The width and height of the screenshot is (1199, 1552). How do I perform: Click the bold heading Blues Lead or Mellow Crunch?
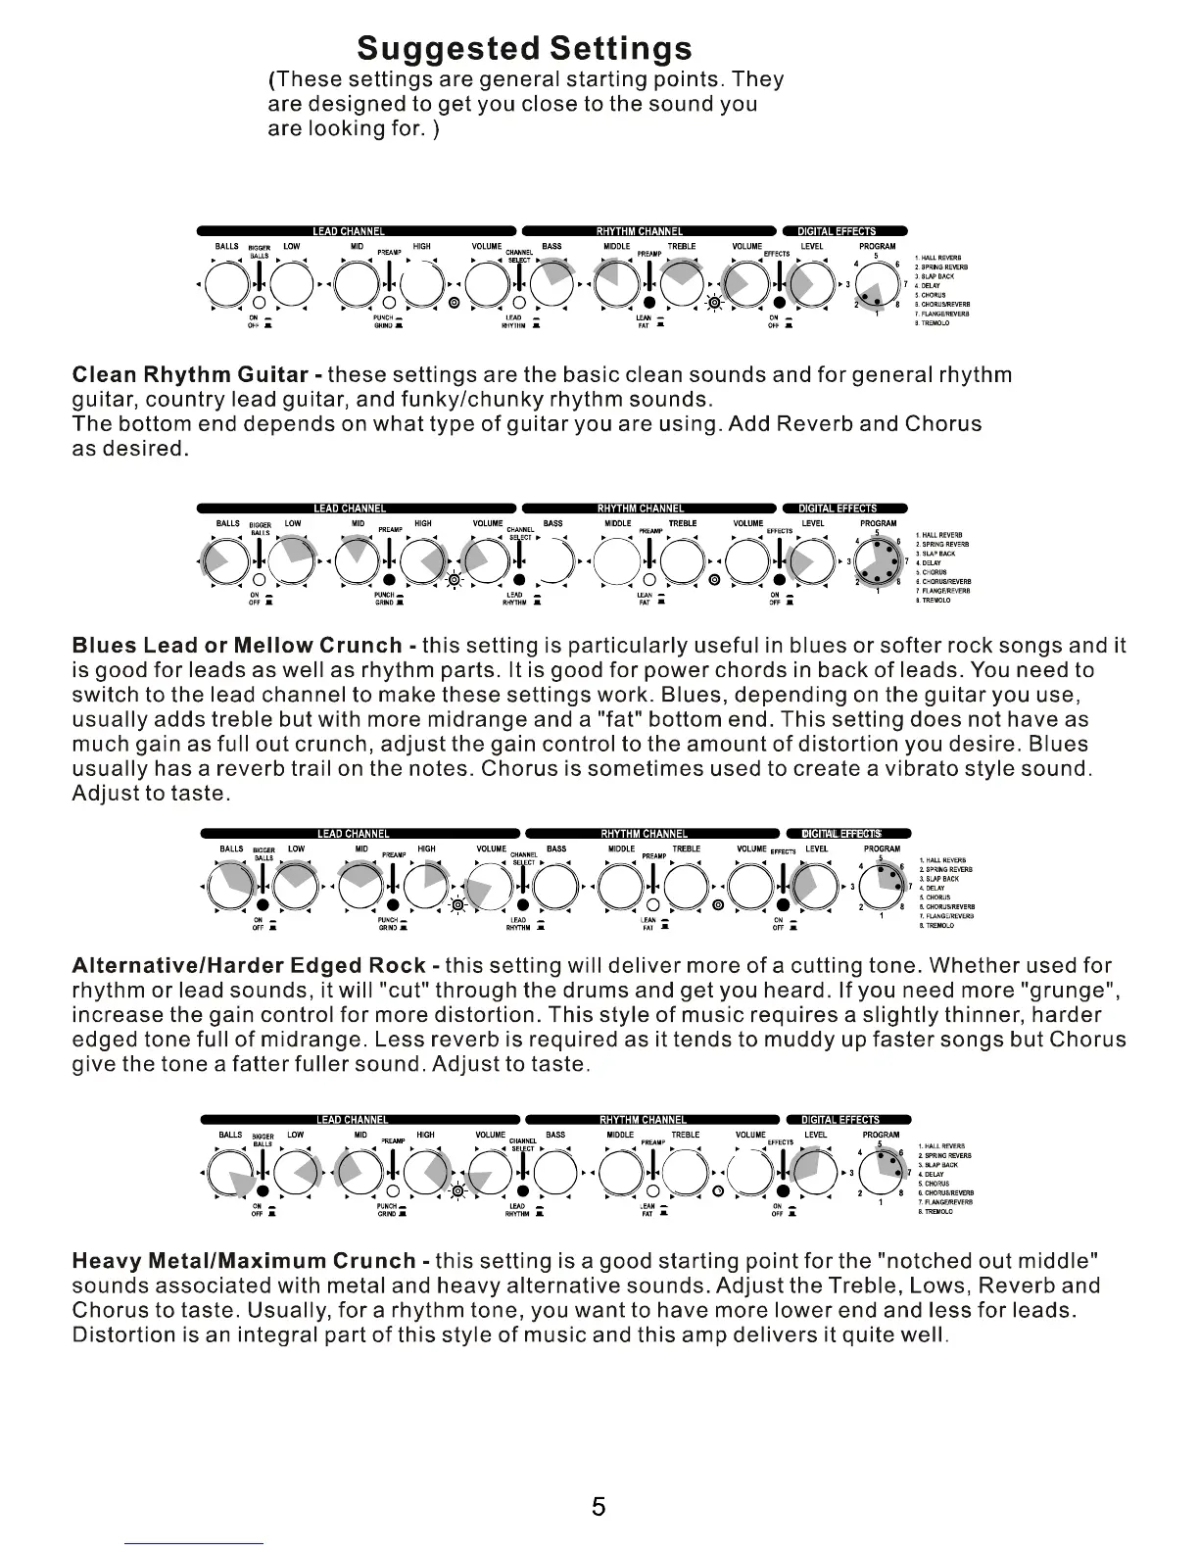click(237, 646)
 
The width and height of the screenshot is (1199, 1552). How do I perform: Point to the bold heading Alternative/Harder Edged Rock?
click(249, 965)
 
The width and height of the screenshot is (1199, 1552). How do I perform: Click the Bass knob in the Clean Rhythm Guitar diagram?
click(552, 284)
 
